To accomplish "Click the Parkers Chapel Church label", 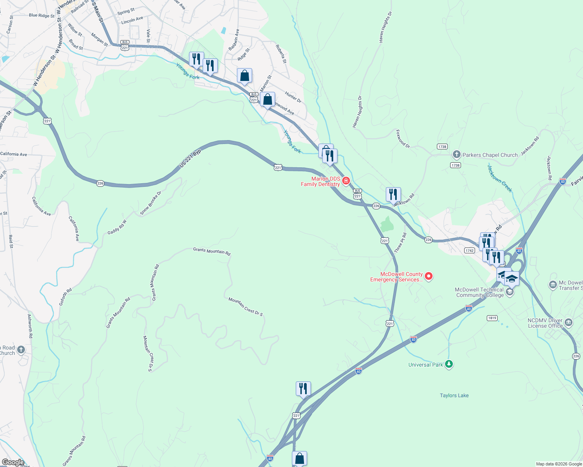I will point(490,155).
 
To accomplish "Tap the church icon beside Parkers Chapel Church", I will point(457,155).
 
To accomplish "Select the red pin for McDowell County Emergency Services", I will point(429,276).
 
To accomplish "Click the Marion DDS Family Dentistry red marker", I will point(346,181).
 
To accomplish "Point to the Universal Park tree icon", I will point(449,364).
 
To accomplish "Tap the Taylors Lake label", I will point(454,395).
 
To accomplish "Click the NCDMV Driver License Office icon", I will point(568,322).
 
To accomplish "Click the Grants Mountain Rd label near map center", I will point(212,251).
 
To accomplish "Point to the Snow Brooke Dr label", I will point(150,203).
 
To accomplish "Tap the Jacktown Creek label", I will point(500,178).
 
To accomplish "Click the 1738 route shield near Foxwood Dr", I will point(442,147).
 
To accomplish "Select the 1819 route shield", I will point(492,318).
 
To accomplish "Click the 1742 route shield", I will point(469,251).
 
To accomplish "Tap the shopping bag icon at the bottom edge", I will point(299,458).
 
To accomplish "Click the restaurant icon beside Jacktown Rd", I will point(393,194).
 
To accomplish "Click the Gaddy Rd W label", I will point(117,227).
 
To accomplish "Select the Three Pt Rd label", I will point(401,242).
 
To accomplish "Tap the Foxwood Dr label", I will point(403,139).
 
